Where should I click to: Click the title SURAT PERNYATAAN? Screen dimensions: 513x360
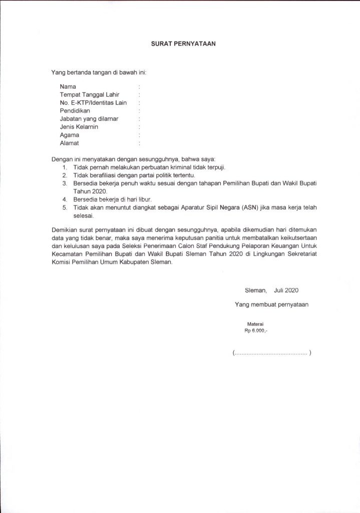coord(183,44)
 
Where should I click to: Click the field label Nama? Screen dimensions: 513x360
coord(68,87)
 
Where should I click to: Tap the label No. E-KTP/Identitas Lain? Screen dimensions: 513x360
coord(93,103)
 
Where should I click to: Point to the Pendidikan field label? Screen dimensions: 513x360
coord(75,111)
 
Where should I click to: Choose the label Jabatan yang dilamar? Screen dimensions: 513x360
coord(89,119)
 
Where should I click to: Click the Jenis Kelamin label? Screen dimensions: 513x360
coord(79,127)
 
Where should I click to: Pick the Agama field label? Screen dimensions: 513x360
coord(70,135)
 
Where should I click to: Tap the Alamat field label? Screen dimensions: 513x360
coord(69,143)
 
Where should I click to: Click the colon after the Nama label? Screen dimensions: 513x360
coord(139,87)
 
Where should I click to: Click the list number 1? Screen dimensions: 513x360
coord(65,167)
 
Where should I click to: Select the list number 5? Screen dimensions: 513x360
coord(65,207)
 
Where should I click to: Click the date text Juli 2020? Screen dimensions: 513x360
coord(286,290)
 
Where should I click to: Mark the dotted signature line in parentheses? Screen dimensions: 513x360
coord(272,353)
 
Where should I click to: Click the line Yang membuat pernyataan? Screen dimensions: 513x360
coord(271,304)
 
